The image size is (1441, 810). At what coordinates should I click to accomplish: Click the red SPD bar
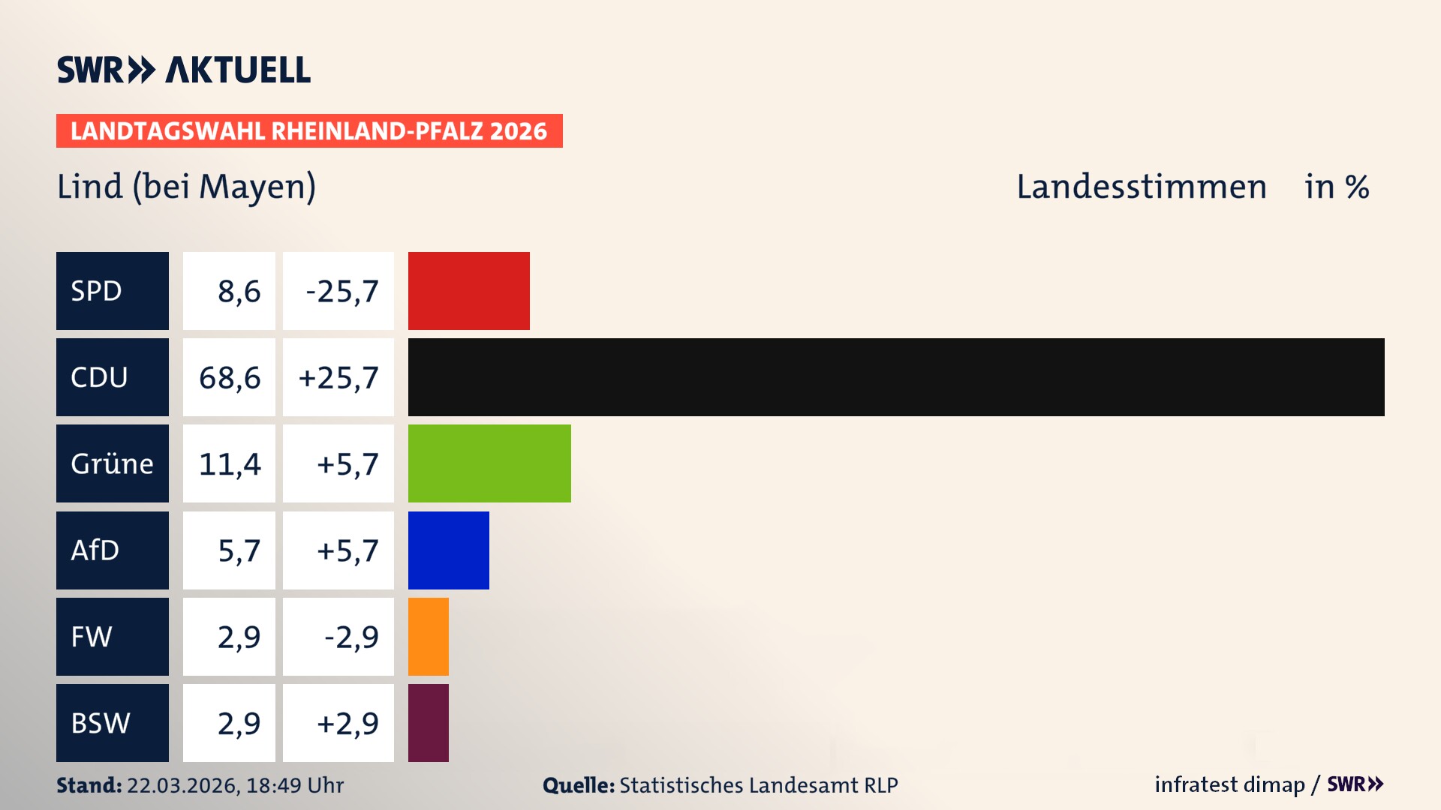[x=468, y=291]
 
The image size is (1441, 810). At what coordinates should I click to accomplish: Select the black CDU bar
[x=896, y=377]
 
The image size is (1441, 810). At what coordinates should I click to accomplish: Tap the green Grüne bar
[x=489, y=463]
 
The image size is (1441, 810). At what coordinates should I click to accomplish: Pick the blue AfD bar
[x=448, y=550]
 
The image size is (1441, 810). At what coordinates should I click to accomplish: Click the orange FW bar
[x=428, y=637]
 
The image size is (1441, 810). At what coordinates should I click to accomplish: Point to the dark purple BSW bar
[x=428, y=723]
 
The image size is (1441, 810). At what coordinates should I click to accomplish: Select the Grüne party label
[x=112, y=463]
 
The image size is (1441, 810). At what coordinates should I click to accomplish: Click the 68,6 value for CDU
[x=230, y=378]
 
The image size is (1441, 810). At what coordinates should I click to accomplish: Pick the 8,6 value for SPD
[x=239, y=292]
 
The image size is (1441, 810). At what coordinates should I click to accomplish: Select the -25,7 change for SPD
[x=342, y=292]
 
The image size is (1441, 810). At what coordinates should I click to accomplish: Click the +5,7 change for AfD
[x=347, y=551]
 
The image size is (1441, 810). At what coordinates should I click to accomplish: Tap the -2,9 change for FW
[x=351, y=637]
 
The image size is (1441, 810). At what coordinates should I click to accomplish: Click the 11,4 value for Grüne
[x=230, y=464]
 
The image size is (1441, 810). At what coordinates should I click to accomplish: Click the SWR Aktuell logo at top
[x=184, y=70]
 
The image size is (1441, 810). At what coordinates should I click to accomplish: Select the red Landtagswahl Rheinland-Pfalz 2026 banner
[x=309, y=131]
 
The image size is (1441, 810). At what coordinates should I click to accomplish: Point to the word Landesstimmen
[x=1142, y=187]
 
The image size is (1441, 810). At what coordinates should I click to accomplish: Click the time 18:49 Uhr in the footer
[x=294, y=785]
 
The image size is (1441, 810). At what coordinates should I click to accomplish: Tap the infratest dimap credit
[x=1229, y=784]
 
